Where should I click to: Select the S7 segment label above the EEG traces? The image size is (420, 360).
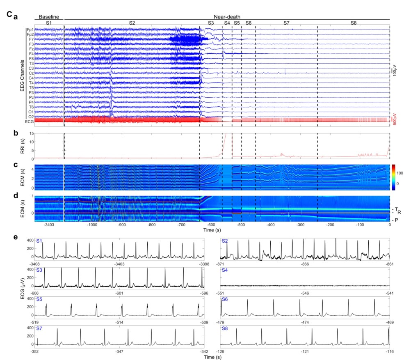pos(286,23)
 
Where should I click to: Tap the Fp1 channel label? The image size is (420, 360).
pos(30,30)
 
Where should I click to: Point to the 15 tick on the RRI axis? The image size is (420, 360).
pos(30,133)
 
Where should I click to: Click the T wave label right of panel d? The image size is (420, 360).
pos(397,209)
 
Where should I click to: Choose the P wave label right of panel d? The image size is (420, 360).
pos(397,220)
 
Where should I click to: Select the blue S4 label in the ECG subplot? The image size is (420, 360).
pos(225,271)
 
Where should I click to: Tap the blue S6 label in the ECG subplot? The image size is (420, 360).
pos(225,299)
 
